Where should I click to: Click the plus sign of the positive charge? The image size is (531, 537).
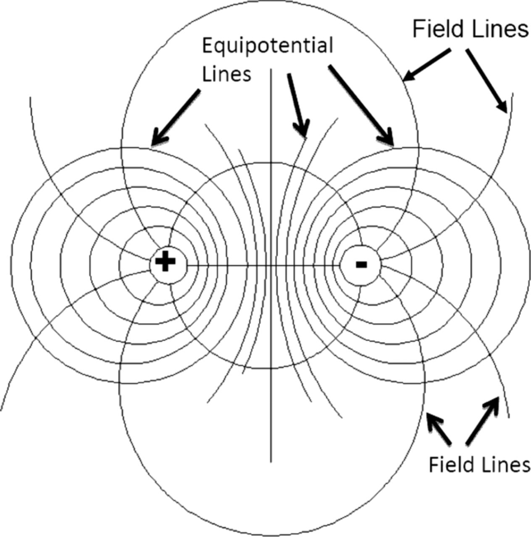165,262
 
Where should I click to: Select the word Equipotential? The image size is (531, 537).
267,46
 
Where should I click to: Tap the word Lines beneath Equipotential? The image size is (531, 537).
226,74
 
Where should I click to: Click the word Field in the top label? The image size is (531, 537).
435,29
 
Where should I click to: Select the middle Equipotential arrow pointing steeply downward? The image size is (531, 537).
298,105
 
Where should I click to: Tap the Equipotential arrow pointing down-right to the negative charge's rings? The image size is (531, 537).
361,105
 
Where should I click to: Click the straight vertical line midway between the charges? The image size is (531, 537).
271,420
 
